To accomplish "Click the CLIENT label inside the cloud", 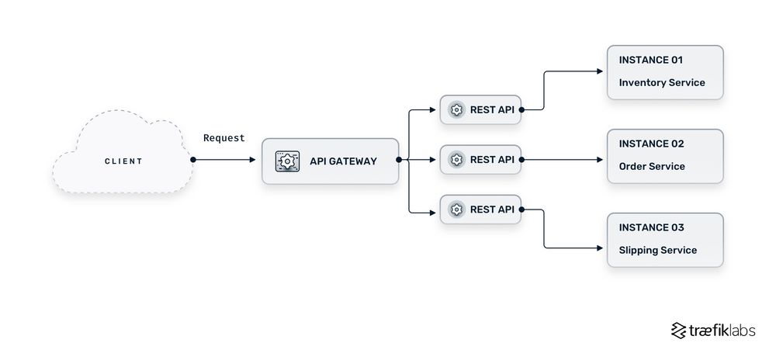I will [x=123, y=161].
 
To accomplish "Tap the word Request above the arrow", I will [x=223, y=138].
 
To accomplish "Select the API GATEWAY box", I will [x=330, y=161].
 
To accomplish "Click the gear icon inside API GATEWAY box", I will [x=288, y=161].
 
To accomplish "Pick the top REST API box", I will [x=480, y=110].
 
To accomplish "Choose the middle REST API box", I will [x=480, y=160].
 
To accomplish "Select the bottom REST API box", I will [x=480, y=209].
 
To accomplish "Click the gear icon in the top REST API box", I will [x=456, y=110].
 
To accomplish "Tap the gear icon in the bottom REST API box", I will [x=456, y=209].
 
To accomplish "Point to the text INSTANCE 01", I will [x=650, y=60].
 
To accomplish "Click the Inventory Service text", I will [x=661, y=82].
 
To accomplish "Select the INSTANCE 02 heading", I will [x=650, y=144].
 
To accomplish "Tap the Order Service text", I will [x=652, y=166].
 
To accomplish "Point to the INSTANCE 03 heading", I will [x=650, y=227].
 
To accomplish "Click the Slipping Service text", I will [x=657, y=250].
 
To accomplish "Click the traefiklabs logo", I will [x=712, y=331].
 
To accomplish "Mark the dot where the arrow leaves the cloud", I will [x=192, y=160].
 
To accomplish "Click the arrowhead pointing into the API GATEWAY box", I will [x=252, y=160].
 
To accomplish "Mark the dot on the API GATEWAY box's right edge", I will [x=399, y=160].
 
